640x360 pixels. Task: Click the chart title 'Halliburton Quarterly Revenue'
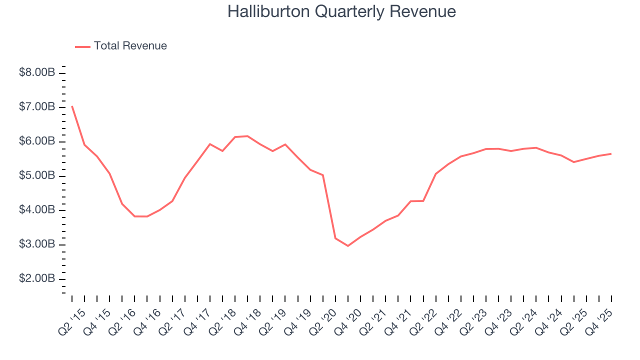[x=341, y=11]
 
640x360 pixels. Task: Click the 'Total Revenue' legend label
[x=130, y=46]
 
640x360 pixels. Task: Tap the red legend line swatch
[x=82, y=46]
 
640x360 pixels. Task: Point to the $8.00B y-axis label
[x=37, y=73]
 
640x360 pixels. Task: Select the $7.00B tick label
[x=37, y=107]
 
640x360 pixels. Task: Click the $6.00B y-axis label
[x=37, y=141]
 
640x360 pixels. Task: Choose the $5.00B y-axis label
[x=37, y=176]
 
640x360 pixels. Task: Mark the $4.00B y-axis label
[x=37, y=210]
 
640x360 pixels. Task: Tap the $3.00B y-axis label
[x=37, y=244]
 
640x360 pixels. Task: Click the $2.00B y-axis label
[x=37, y=278]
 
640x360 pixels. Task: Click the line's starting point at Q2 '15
[x=72, y=106]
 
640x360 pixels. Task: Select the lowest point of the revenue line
[x=348, y=246]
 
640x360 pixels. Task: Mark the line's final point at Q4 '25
[x=611, y=153]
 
